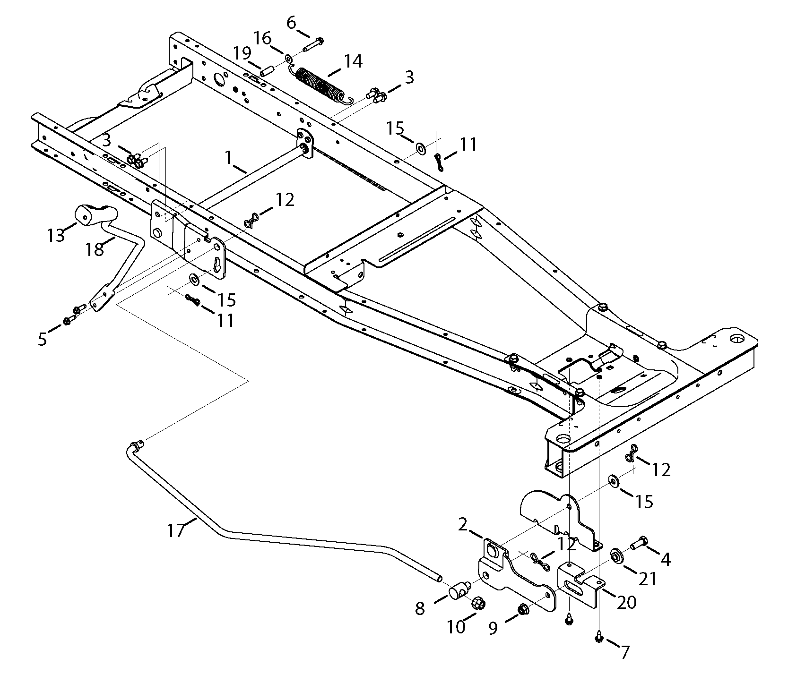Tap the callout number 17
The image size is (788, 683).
[x=175, y=531]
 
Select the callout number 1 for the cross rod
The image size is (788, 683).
[x=229, y=158]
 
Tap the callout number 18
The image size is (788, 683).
[x=95, y=248]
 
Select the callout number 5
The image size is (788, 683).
[x=43, y=339]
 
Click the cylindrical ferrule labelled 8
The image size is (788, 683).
[x=457, y=591]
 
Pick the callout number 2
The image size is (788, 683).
[x=463, y=524]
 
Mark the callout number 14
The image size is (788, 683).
[x=353, y=61]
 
